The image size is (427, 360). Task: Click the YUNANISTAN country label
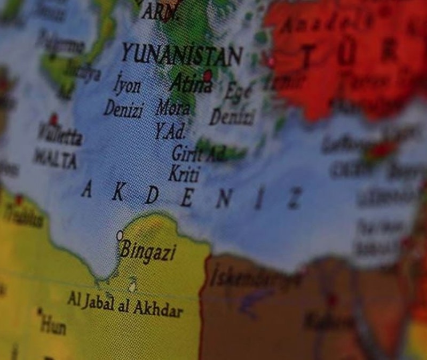(x=181, y=55)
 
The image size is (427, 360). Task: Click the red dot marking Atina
(x=208, y=75)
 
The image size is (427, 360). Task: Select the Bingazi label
(x=148, y=250)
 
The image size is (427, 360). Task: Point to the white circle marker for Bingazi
(x=120, y=235)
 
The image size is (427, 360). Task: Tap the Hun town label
(x=54, y=322)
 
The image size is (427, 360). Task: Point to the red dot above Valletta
(x=53, y=119)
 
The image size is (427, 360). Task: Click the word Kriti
(x=184, y=174)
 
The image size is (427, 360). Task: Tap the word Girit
(x=187, y=154)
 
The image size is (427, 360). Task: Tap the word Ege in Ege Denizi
(x=238, y=93)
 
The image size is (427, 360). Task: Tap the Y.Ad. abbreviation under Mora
(x=170, y=131)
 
